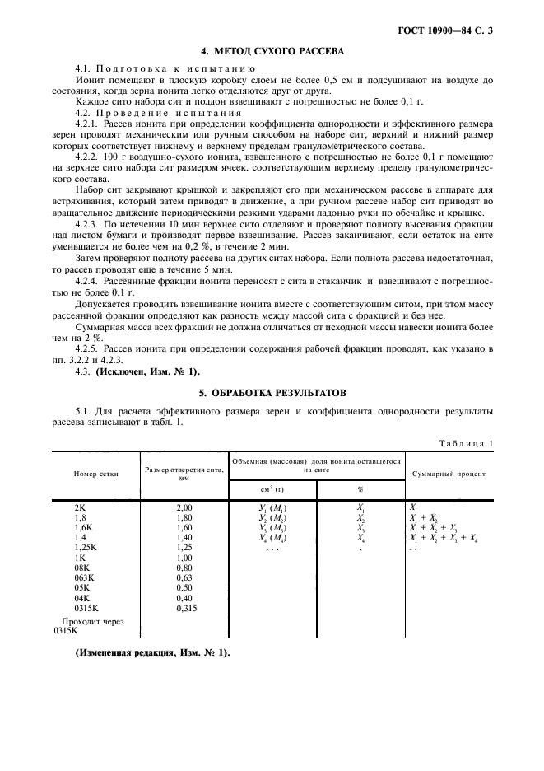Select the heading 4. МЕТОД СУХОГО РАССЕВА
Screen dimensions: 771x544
click(272, 51)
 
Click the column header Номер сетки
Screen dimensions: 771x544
click(96, 474)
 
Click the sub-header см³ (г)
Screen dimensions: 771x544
click(272, 487)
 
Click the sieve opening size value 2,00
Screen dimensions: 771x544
click(184, 507)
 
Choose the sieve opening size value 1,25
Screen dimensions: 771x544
click(184, 547)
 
